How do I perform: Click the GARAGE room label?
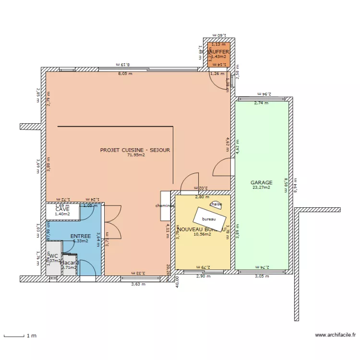pos(261,182)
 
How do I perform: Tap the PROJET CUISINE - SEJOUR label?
pos(135,150)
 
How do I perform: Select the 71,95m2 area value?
pos(136,155)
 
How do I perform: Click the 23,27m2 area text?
pos(261,188)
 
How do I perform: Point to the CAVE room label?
pos(62,209)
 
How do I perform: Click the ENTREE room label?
pos(80,236)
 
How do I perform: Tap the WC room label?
pos(54,256)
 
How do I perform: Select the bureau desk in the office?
pos(209,219)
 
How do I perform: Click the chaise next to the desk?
pos(216,204)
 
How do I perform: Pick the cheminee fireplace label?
pos(165,205)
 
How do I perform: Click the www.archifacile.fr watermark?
pos(336,336)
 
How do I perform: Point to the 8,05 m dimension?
pos(125,74)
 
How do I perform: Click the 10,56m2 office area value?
pos(202,235)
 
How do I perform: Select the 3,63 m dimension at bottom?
pos(138,284)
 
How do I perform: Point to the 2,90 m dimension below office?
pos(204,276)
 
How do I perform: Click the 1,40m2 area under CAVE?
pos(62,214)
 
